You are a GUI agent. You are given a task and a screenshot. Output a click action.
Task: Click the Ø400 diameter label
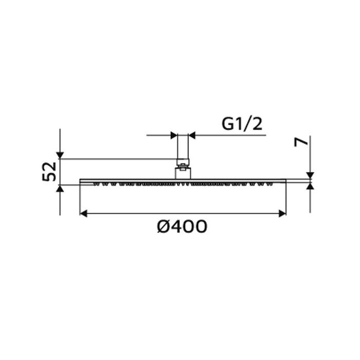pos(182,226)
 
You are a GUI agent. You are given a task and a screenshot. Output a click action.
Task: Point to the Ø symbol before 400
pos(164,226)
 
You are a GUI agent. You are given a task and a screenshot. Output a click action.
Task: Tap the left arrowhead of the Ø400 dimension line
pos(83,213)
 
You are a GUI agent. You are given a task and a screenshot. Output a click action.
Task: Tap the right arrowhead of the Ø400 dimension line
pos(282,213)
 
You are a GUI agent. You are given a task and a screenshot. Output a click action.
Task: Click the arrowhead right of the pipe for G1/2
pos(192,136)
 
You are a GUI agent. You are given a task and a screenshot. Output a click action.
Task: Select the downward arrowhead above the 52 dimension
pos(60,155)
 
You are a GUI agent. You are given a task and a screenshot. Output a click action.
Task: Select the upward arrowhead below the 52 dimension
pos(60,189)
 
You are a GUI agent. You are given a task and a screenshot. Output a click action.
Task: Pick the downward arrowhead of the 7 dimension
pos(310,175)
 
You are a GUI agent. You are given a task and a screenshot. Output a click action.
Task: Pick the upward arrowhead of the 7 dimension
pos(310,187)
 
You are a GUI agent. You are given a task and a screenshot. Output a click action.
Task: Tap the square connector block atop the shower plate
pos(183,172)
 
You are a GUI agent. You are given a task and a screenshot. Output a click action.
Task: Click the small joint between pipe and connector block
pos(183,163)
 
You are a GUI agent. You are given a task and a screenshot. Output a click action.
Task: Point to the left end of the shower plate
pos(81,181)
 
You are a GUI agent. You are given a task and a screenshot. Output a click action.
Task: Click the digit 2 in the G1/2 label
pos(259,124)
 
